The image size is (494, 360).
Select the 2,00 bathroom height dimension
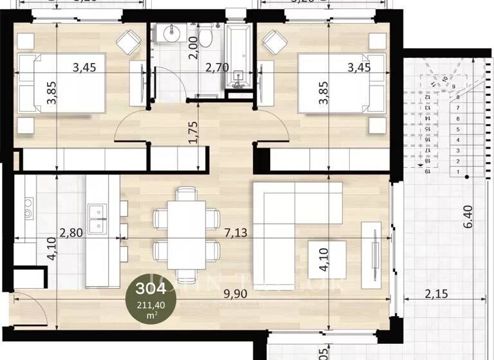tap(192, 48)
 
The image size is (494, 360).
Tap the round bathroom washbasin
tap(172, 33)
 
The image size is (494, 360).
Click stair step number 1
tap(457, 172)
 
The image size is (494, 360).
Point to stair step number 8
tap(457, 97)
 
